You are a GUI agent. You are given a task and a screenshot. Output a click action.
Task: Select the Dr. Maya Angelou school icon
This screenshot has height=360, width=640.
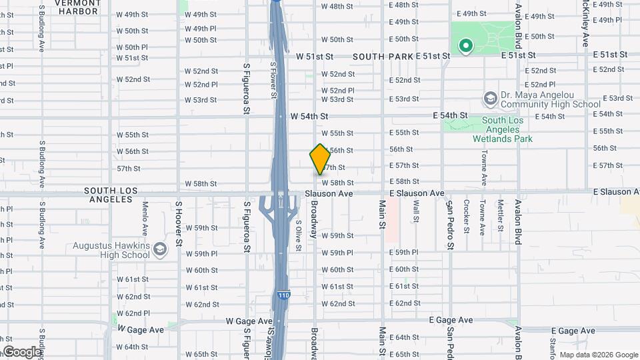click(491, 99)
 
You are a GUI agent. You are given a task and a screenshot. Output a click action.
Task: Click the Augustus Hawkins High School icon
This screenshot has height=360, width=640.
click(159, 250)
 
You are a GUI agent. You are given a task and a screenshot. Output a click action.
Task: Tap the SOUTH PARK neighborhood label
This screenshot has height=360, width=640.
click(383, 57)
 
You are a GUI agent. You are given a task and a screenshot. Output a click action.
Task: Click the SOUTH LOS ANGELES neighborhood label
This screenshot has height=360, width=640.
click(111, 195)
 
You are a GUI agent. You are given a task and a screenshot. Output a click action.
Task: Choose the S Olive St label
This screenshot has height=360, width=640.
click(298, 236)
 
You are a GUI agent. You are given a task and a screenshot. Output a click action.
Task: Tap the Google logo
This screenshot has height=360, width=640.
click(22, 352)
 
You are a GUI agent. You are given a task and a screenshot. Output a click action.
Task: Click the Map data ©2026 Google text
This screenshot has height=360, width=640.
click(598, 355)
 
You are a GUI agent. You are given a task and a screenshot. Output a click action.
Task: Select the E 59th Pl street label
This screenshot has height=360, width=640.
click(404, 253)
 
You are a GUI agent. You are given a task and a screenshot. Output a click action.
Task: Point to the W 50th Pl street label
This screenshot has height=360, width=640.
click(132, 47)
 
